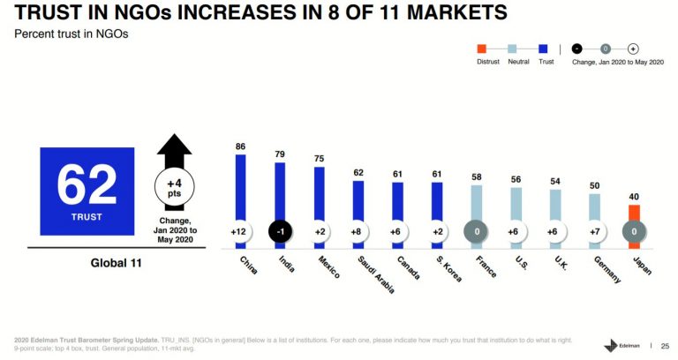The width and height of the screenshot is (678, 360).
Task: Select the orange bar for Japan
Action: pos(633,216)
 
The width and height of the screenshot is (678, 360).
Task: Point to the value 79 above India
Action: pos(280,154)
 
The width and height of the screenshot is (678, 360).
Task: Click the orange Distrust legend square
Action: pos(481,49)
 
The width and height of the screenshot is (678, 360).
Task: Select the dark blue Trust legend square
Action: pos(544,49)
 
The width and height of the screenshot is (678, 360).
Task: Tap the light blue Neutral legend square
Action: pos(513,49)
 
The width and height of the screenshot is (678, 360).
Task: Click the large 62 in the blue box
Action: pos(87,185)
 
